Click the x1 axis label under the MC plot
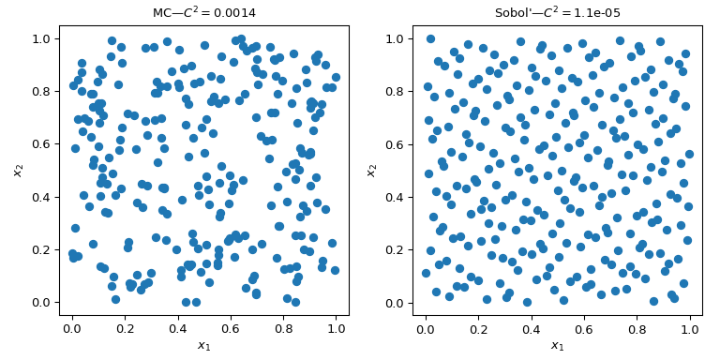tap(203, 346)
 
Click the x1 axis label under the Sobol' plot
tap(557, 346)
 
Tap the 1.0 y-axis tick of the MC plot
tap(41, 38)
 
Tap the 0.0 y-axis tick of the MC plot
tap(41, 303)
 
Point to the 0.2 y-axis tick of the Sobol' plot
tap(395, 250)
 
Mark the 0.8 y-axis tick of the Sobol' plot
tap(395, 92)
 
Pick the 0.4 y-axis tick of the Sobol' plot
tap(395, 197)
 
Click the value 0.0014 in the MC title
tap(233, 12)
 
